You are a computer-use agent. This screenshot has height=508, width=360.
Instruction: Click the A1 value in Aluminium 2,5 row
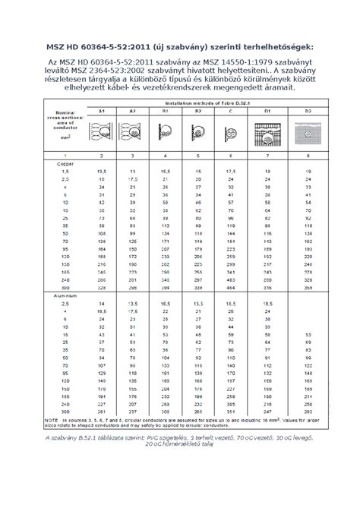(101, 304)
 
